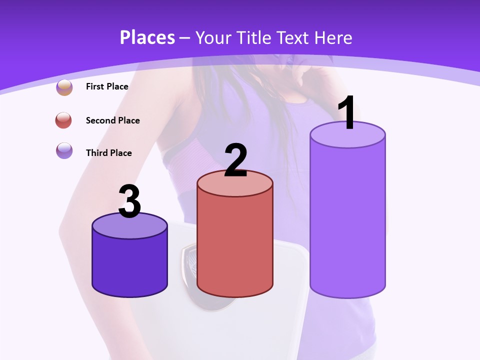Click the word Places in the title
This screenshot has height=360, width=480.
[147, 37]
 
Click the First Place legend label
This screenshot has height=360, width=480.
[107, 86]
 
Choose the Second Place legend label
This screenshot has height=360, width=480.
[112, 120]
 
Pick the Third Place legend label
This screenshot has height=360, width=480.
[108, 153]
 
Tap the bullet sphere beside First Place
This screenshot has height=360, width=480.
[64, 87]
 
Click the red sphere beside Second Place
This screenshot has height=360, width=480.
[64, 120]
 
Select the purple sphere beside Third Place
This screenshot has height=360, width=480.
[64, 150]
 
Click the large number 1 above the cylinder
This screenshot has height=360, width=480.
[346, 113]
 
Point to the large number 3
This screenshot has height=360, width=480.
[129, 201]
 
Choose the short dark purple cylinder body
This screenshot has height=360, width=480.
[129, 265]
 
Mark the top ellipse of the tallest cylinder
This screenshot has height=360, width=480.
[347, 135]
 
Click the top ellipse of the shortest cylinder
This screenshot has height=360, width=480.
[129, 226]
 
